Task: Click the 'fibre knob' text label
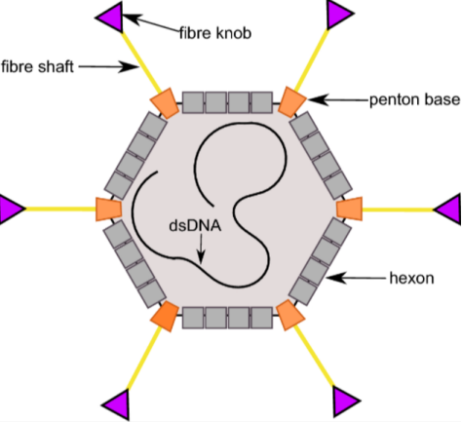click(x=215, y=33)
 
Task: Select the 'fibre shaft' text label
click(x=37, y=66)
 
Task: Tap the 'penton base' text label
click(x=415, y=99)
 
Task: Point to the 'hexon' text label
click(x=411, y=279)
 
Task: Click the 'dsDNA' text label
click(x=195, y=225)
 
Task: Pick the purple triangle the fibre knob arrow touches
click(x=109, y=17)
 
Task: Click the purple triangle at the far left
click(x=13, y=209)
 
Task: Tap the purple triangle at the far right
click(x=448, y=210)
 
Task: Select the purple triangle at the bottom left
click(x=117, y=404)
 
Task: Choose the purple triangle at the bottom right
click(x=346, y=402)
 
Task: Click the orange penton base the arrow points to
click(x=292, y=101)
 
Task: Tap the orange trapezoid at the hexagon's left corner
click(x=108, y=210)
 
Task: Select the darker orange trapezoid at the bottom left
click(x=165, y=316)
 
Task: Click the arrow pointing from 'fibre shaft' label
click(x=108, y=66)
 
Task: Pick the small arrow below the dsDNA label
click(x=201, y=249)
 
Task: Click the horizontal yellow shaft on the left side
click(x=60, y=209)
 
